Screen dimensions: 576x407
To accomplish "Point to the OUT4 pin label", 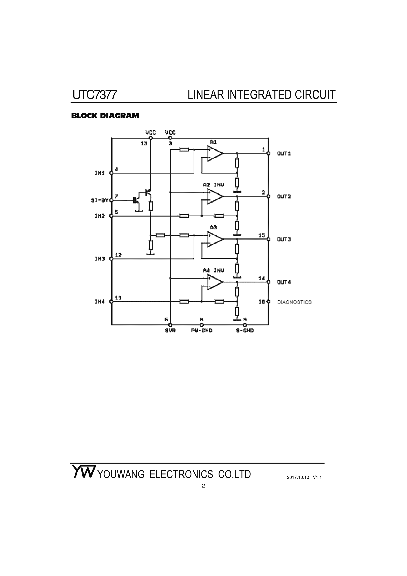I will click(x=284, y=282).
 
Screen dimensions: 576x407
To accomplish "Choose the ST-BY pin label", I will click(x=100, y=200).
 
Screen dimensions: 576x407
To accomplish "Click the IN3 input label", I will click(x=100, y=259).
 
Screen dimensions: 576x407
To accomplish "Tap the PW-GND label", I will click(x=202, y=331).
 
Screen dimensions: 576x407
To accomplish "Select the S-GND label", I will click(x=245, y=331).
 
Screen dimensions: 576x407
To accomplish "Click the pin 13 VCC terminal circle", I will click(x=150, y=138).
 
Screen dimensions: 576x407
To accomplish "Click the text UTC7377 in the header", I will click(x=94, y=95).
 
